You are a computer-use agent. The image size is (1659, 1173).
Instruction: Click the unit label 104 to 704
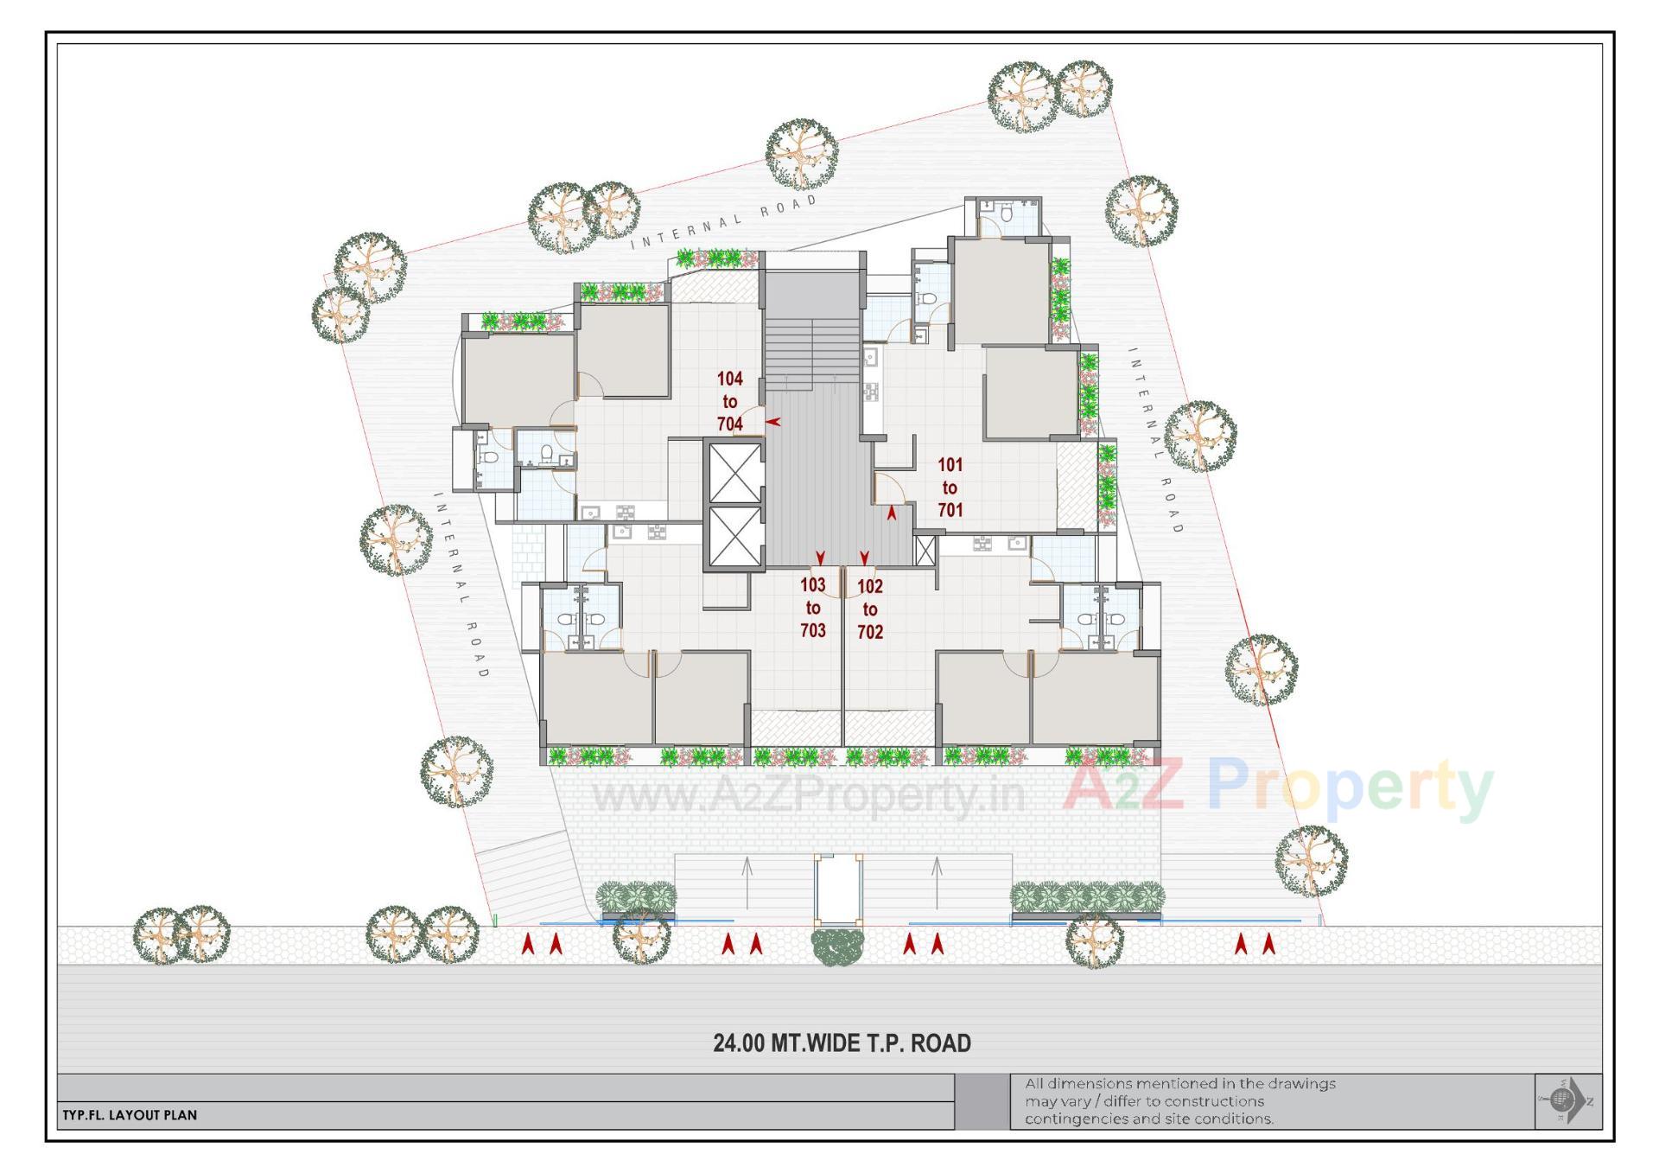pyautogui.click(x=729, y=401)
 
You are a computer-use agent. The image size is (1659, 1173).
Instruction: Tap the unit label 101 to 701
pyautogui.click(x=950, y=488)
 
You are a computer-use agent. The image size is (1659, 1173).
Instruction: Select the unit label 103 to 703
pyautogui.click(x=812, y=608)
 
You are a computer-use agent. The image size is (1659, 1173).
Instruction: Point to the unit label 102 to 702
pyautogui.click(x=869, y=609)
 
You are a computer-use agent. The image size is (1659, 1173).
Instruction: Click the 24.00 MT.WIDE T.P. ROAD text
pyautogui.click(x=842, y=1043)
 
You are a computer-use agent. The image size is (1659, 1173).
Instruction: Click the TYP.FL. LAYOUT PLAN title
pyautogui.click(x=130, y=1115)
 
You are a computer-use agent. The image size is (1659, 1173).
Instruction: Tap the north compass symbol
pyautogui.click(x=1567, y=1100)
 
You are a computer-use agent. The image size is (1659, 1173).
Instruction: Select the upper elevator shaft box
pyautogui.click(x=734, y=473)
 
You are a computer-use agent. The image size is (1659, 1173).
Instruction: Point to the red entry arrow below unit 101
pyautogui.click(x=892, y=513)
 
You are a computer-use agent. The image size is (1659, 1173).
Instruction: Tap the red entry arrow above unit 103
pyautogui.click(x=820, y=558)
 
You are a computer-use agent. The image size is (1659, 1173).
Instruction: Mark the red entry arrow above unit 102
pyautogui.click(x=864, y=558)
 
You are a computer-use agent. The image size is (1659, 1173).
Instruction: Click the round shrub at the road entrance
pyautogui.click(x=837, y=947)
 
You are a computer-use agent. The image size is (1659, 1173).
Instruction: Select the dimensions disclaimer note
pyautogui.click(x=1179, y=1101)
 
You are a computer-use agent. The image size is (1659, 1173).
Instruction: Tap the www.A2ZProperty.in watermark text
pyautogui.click(x=808, y=794)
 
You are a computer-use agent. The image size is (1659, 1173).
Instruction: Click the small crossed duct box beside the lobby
pyautogui.click(x=925, y=551)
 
